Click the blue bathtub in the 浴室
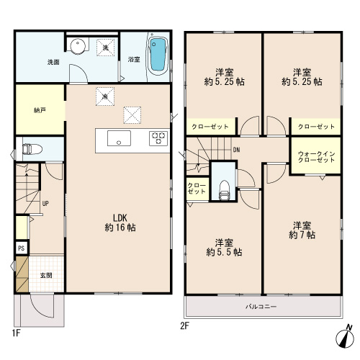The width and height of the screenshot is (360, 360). pos(158,55)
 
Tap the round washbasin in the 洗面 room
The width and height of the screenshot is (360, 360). pos(78,45)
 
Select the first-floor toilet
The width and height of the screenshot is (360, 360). pos(32,149)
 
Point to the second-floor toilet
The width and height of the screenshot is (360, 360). pos(225,190)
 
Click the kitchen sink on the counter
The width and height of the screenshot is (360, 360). pos(119,138)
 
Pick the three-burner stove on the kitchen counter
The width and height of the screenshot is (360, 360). pos(158,138)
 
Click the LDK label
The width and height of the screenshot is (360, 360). pos(120,218)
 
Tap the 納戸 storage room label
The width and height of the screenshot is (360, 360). pos(40,110)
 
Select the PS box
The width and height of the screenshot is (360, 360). pos(22,248)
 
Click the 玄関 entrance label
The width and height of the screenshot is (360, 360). pos(46,275)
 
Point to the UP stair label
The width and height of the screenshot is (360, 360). pos(45,204)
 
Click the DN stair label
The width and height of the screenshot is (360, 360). pos(236,150)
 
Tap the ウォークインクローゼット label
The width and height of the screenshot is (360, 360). pos(316,157)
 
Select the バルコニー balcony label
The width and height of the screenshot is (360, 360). pos(261,307)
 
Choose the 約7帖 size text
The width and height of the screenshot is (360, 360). pos(302,235)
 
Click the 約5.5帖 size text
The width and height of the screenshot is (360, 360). pos(224,252)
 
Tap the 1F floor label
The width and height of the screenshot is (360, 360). pos(16,333)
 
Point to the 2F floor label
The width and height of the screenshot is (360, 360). pos(184,326)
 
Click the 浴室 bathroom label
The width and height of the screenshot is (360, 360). pos(134,59)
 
